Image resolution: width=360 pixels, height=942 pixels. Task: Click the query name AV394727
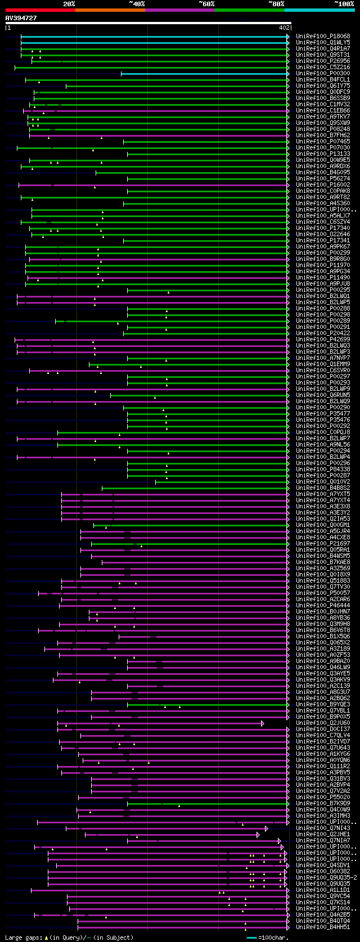[21, 18]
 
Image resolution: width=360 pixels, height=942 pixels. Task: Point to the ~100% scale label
[344, 3]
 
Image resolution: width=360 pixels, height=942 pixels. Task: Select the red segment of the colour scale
[39, 10]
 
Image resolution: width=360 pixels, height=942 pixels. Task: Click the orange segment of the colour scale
[110, 10]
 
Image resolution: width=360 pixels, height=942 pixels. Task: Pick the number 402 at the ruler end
[284, 27]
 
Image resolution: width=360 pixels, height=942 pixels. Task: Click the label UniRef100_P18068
[323, 36]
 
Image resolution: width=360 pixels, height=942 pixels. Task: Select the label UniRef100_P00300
[323, 73]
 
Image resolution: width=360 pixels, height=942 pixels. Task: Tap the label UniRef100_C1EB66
[323, 110]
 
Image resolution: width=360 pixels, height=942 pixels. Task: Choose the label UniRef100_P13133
[323, 154]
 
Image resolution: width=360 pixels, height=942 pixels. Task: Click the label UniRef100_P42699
[323, 339]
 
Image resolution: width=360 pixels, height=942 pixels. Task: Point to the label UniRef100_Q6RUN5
[323, 395]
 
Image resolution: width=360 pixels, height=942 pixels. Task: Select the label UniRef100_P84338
[323, 469]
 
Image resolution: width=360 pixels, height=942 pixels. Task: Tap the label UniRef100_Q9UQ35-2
[326, 877]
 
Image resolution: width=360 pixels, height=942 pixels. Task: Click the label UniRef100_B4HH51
[323, 927]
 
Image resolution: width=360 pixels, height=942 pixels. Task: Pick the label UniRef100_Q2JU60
[323, 723]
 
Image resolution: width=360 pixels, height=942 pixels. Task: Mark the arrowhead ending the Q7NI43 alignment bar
[267, 828]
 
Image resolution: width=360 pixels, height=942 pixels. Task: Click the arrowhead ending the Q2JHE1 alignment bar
[258, 834]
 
